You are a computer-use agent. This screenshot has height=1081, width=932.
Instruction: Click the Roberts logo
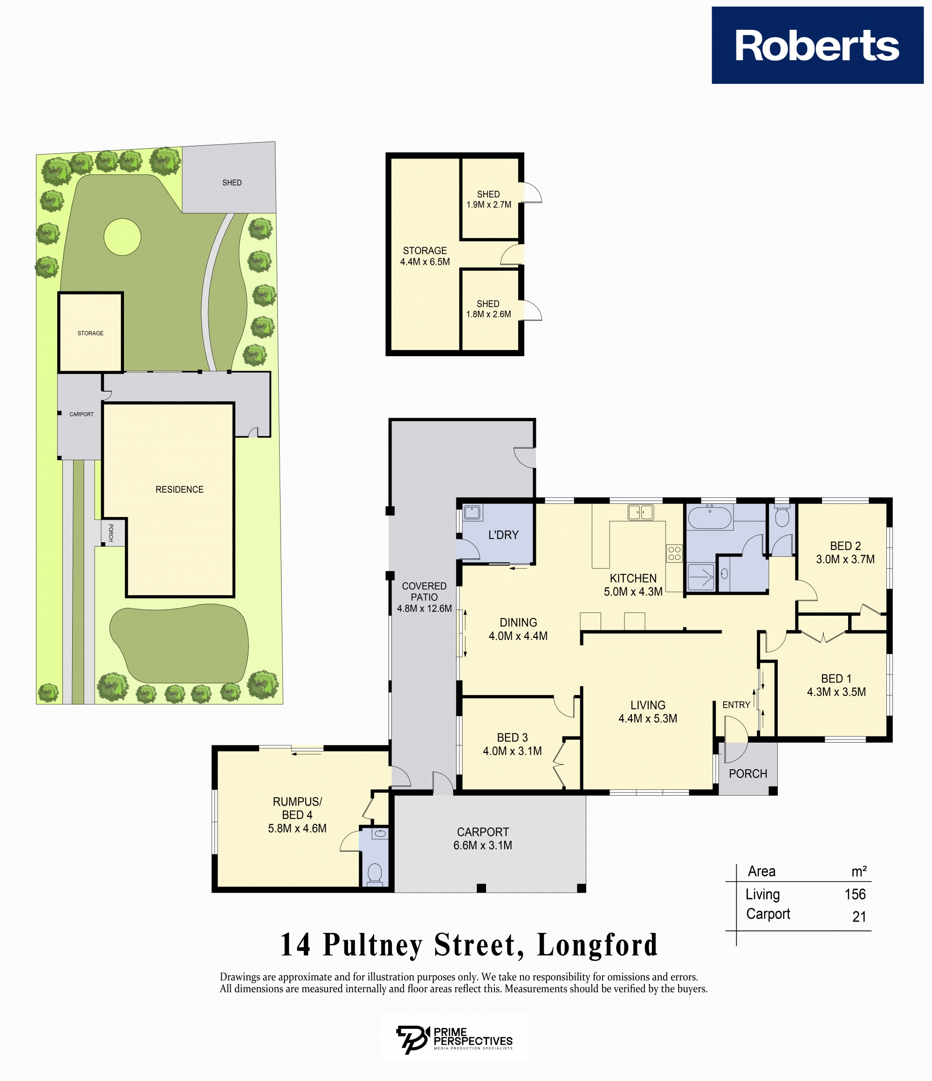817,45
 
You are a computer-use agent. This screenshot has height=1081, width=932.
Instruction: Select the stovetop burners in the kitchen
674,553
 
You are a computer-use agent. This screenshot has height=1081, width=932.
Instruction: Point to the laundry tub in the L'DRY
473,512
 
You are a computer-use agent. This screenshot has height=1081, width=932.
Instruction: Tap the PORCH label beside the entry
748,774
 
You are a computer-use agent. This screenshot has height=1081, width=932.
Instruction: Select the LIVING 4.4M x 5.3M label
648,712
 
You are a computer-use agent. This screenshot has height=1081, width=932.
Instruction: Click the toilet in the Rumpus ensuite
375,874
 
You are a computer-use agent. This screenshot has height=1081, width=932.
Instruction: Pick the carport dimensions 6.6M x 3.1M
482,846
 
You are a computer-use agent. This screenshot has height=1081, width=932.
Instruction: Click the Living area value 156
855,894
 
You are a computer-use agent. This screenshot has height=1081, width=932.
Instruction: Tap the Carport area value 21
859,916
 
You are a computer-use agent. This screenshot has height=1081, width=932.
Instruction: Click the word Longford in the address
598,945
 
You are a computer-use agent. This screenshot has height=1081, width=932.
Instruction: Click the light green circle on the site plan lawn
123,237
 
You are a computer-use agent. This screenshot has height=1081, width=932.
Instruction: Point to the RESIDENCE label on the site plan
179,489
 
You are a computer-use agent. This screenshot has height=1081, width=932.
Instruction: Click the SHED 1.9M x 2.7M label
489,200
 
